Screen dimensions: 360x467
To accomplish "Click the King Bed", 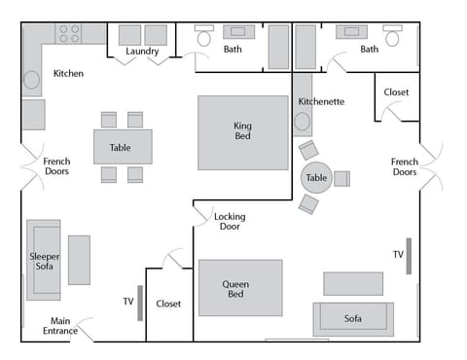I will (243, 132).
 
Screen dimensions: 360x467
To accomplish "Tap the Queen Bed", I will (240, 287).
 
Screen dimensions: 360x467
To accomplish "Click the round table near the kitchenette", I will (316, 178).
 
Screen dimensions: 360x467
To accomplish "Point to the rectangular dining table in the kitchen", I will (123, 147).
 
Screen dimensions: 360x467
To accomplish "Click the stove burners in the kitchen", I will (68, 34).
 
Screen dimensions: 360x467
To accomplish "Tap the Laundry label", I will (142, 52).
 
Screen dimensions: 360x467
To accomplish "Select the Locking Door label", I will (230, 222).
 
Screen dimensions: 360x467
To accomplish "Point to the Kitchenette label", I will (321, 101).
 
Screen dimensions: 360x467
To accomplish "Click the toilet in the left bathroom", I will (204, 37).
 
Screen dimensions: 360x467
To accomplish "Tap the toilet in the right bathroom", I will (392, 37).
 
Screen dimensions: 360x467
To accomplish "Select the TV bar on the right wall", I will (409, 255).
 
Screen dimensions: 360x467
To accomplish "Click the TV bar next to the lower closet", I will (140, 303).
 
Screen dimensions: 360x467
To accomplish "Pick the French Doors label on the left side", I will (56, 166).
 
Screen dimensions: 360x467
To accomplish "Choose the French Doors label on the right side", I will (404, 166).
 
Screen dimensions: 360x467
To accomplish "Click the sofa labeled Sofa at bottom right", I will (352, 319).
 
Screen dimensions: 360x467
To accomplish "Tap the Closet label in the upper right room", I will (396, 92).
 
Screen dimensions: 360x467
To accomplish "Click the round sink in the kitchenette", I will (303, 123).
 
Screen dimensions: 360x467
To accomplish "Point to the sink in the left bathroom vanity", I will (238, 31).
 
